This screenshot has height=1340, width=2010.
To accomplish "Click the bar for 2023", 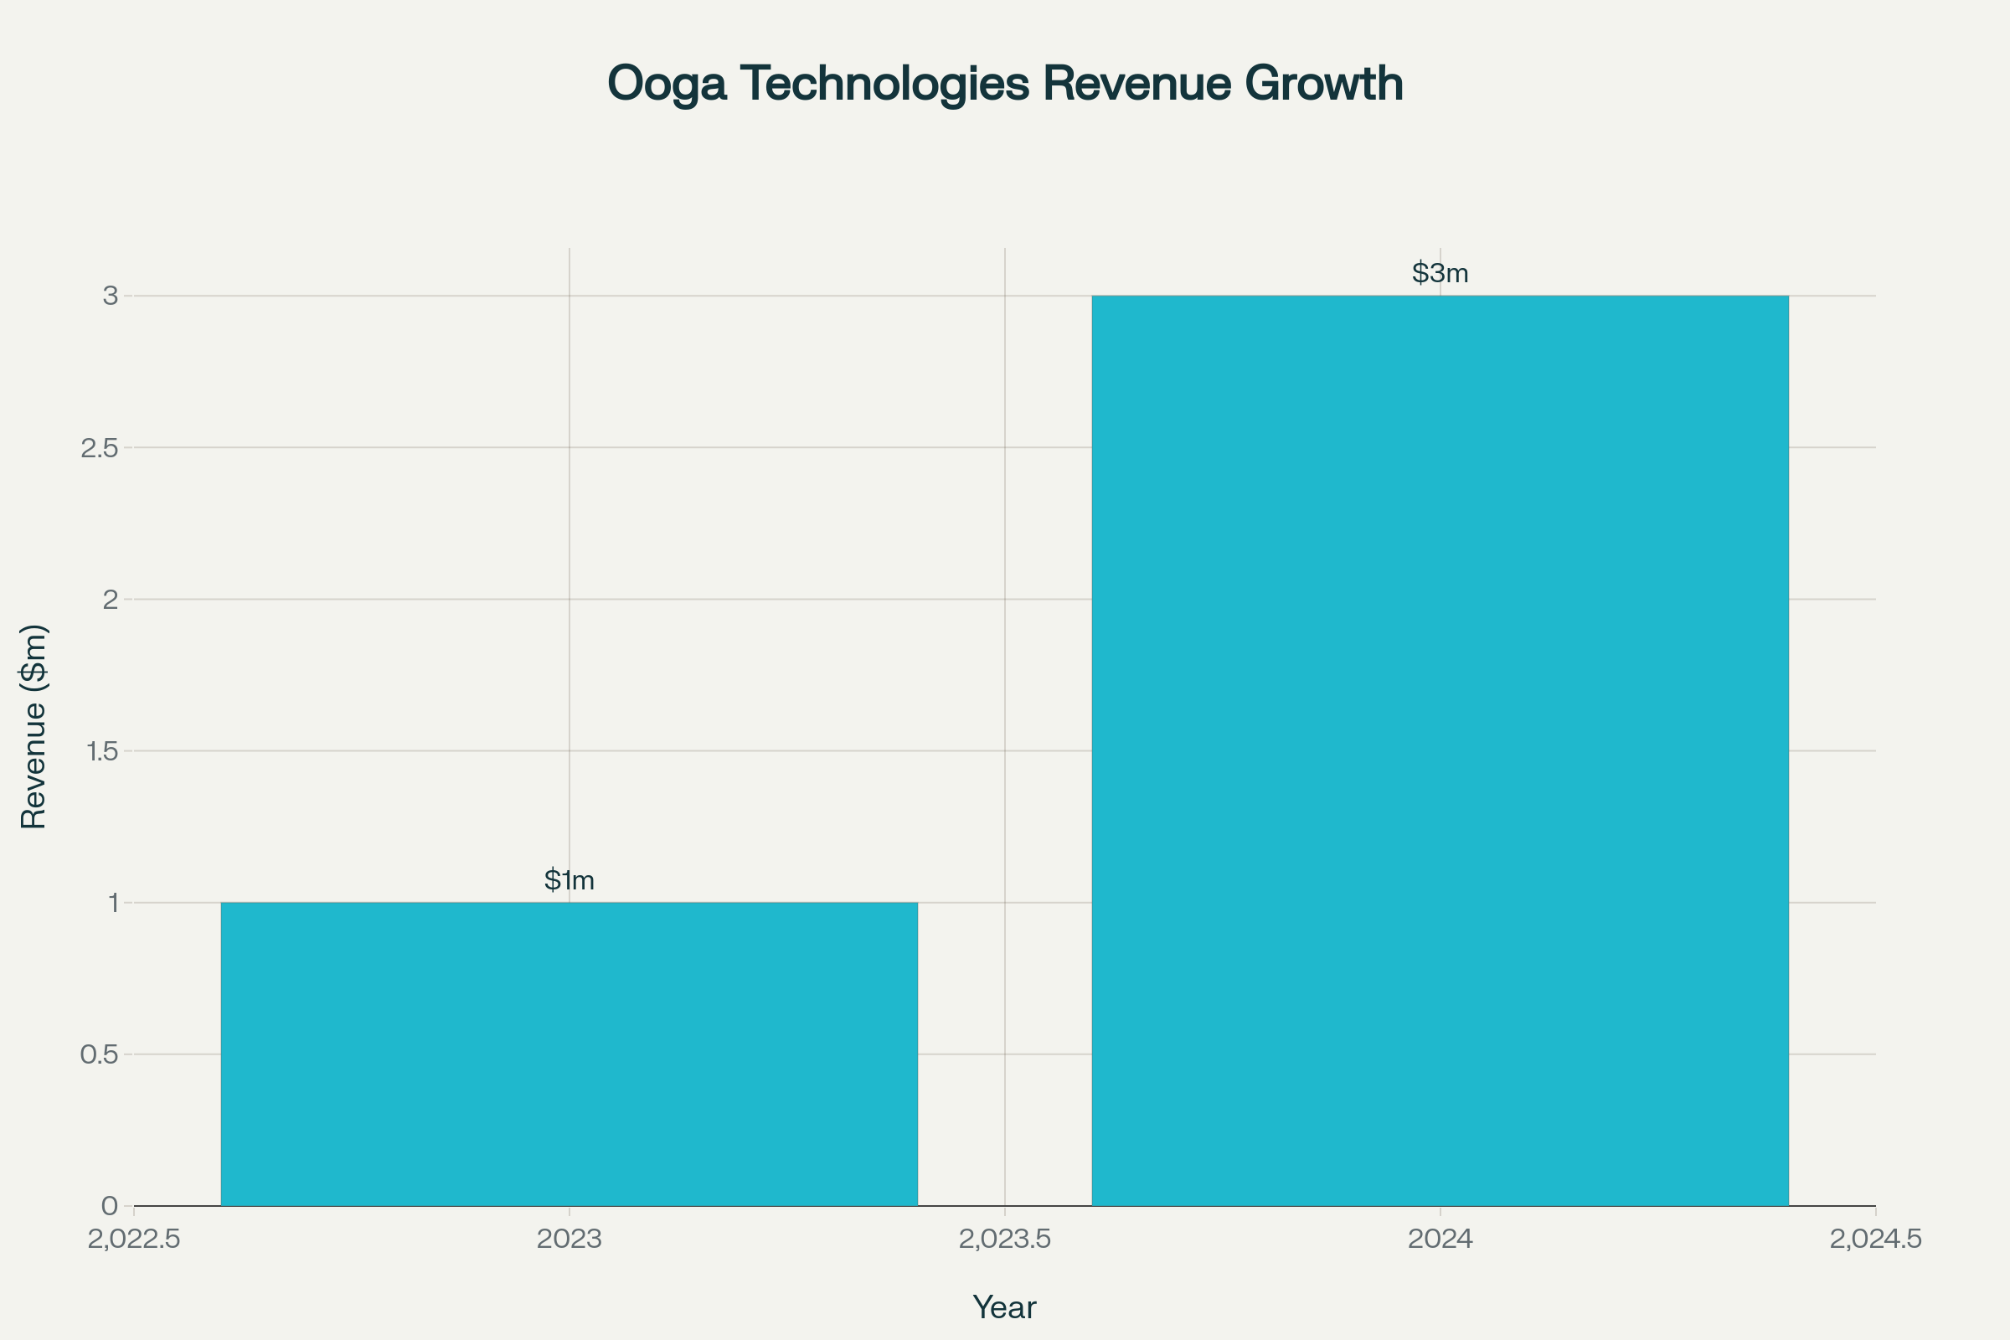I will coord(569,1054).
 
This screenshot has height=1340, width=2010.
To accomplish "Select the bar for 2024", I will coord(1440,750).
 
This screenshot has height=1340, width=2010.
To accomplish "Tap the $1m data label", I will coord(569,879).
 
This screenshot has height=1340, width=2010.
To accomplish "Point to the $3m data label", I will coord(1440,273).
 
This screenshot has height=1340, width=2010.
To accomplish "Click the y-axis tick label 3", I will coord(111,296).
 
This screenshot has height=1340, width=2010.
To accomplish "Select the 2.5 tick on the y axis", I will coord(99,448).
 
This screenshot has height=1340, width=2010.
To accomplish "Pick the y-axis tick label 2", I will coord(111,599).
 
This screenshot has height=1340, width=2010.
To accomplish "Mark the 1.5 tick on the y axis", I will coord(99,751).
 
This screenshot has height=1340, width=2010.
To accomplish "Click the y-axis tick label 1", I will coord(112,903).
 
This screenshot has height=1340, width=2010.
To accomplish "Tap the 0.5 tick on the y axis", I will coord(99,1054).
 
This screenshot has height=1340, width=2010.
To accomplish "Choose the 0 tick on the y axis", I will coord(110,1206).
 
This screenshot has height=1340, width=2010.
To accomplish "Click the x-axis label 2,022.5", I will coord(134,1239).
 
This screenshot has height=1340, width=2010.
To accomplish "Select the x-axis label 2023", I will coord(569,1239).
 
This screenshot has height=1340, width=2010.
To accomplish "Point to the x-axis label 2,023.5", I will coord(1004,1239).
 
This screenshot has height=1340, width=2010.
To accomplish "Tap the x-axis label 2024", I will coord(1440,1239).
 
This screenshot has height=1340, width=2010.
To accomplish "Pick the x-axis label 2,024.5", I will coord(1875,1239).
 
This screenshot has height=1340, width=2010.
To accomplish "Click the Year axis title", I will coord(1004,1307).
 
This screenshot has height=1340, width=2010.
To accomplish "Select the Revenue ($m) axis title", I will coord(33,726).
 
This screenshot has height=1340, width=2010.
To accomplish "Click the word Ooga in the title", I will coord(667,84).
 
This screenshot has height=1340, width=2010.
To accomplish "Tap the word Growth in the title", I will coord(1324,84).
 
